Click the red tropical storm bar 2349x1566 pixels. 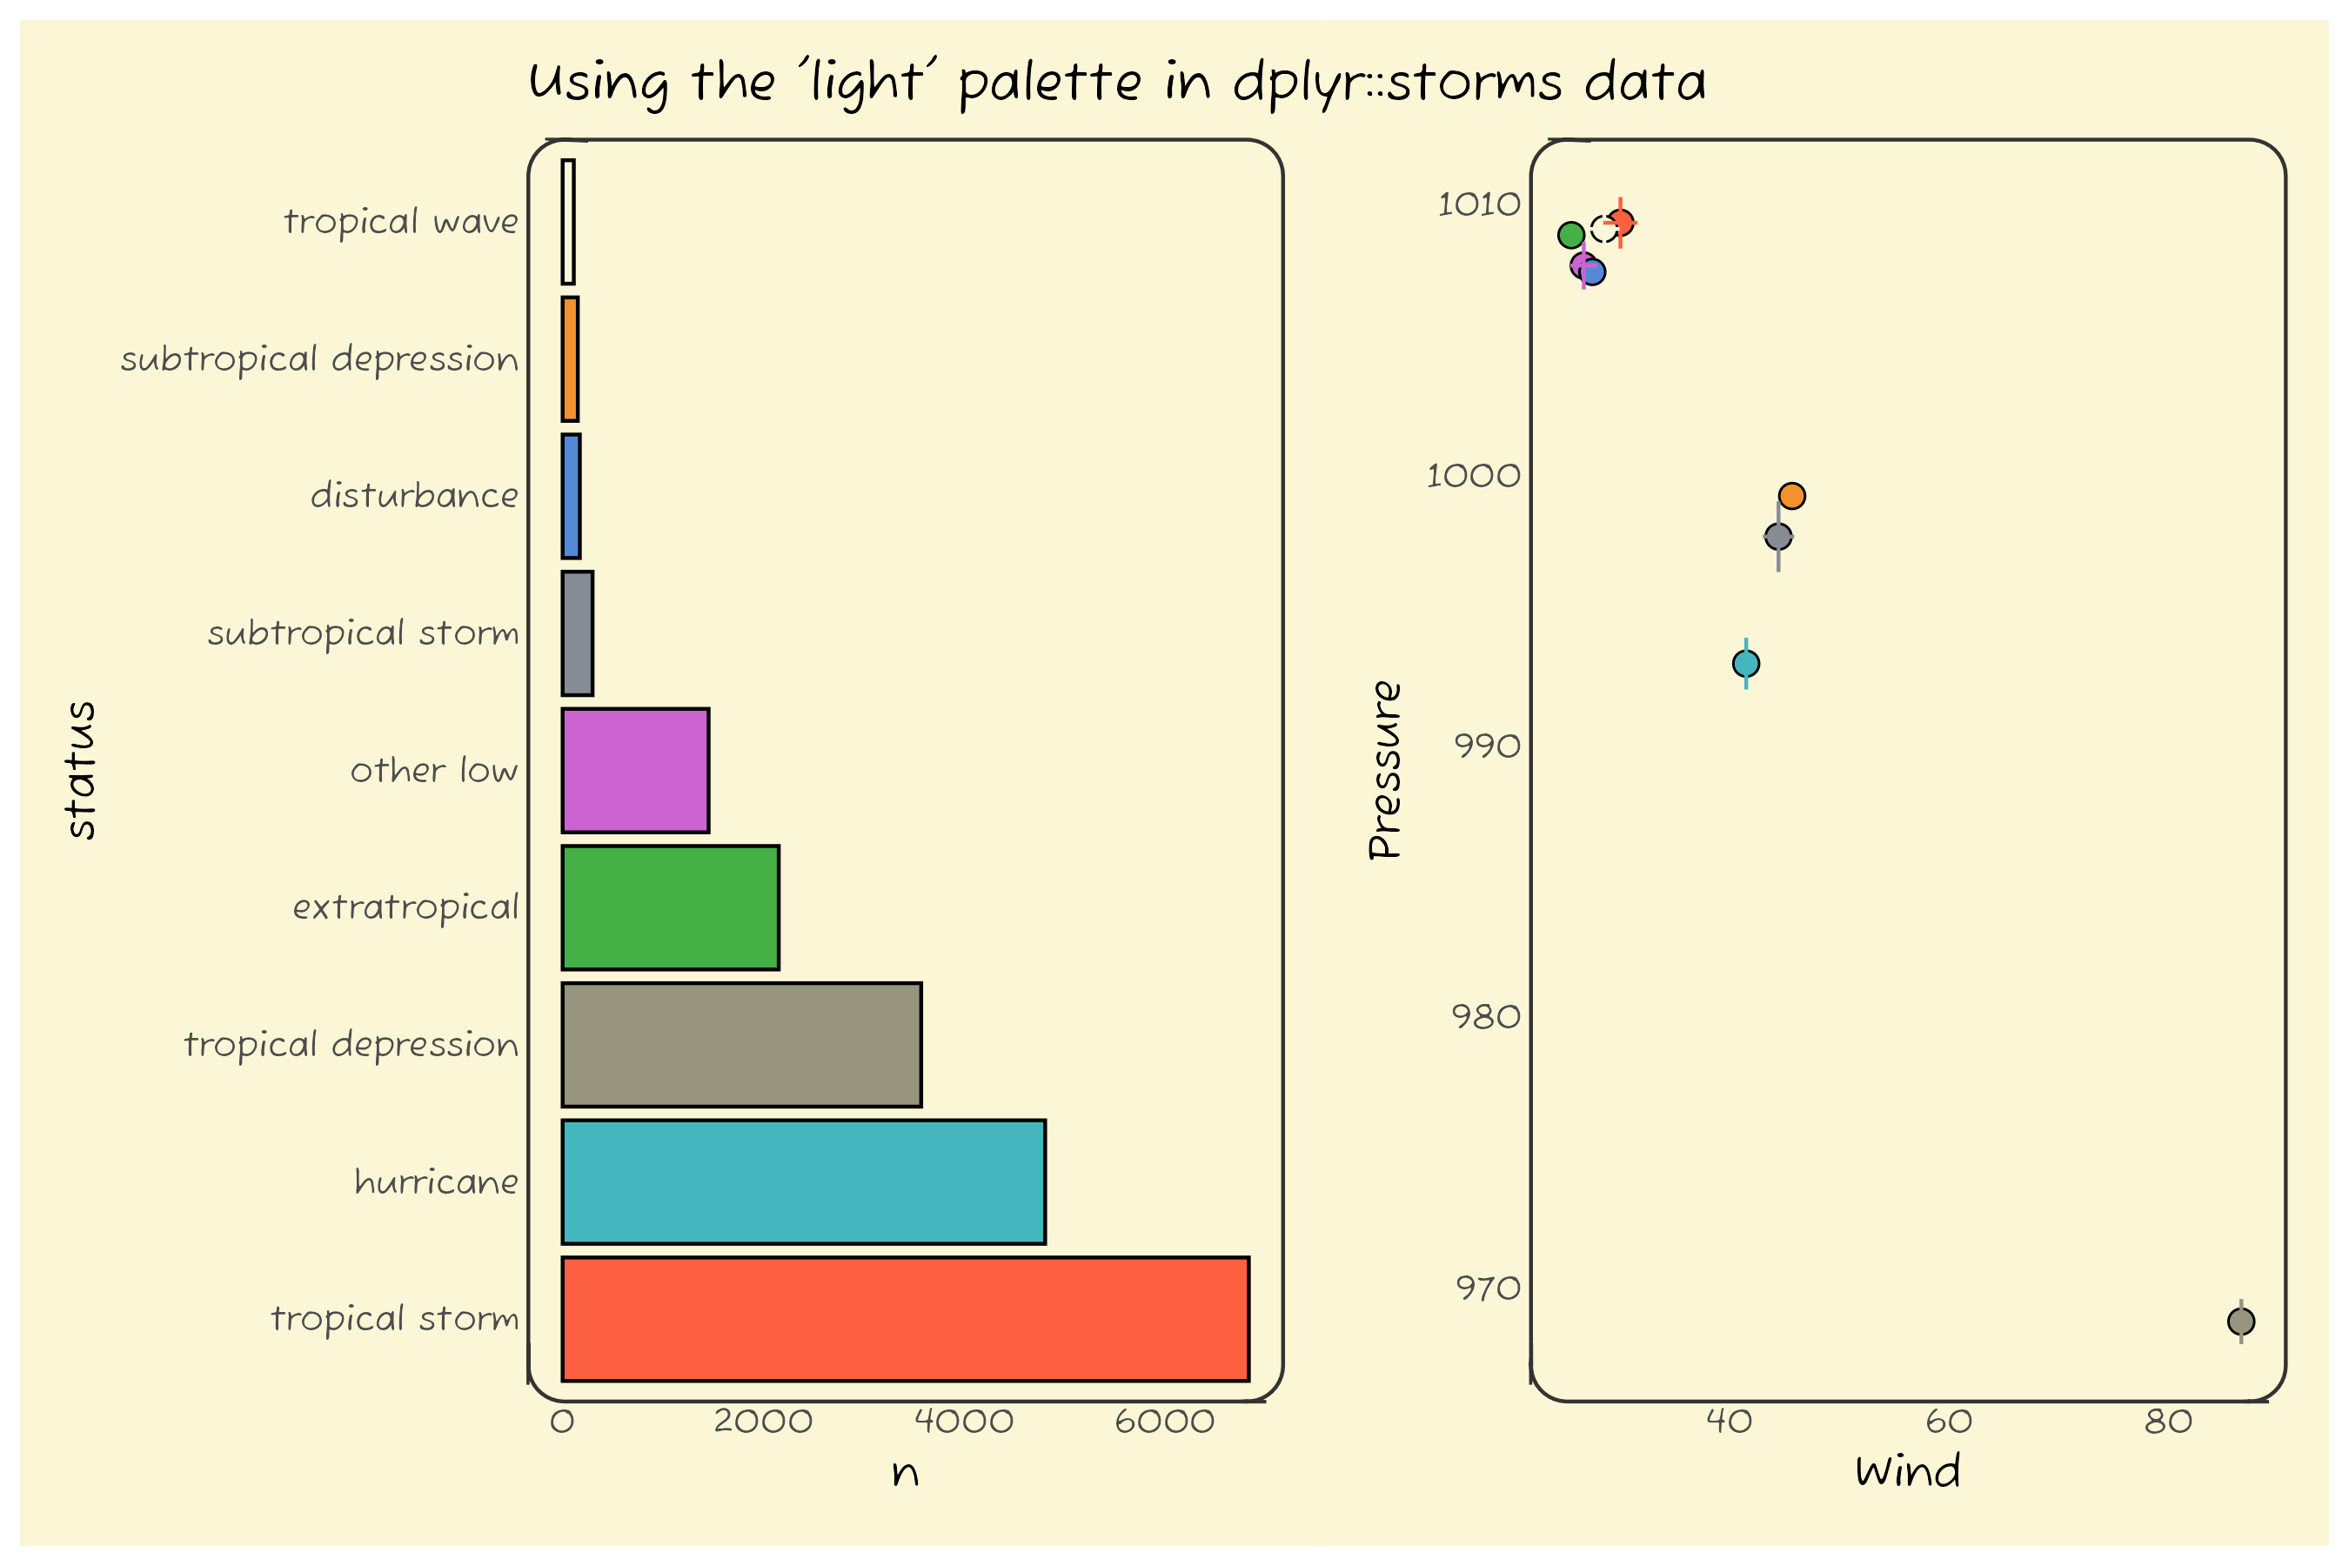pyautogui.click(x=904, y=1318)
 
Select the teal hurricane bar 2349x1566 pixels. pyautogui.click(x=803, y=1181)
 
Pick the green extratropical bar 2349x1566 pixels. pyautogui.click(x=670, y=907)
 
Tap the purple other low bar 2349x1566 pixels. pyautogui.click(x=635, y=770)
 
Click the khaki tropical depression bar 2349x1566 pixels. pyautogui.click(x=741, y=1045)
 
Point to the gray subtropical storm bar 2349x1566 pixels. pyautogui.click(x=578, y=633)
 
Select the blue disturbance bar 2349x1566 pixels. pyautogui.click(x=572, y=495)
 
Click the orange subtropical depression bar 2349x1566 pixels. pyautogui.click(x=570, y=358)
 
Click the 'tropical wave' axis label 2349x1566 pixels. pyautogui.click(x=400, y=221)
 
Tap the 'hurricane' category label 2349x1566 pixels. pyautogui.click(x=437, y=1182)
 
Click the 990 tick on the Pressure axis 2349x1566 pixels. pyautogui.click(x=1487, y=745)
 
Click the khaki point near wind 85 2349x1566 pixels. pyautogui.click(x=2241, y=1322)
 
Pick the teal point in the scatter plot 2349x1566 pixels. pyautogui.click(x=1746, y=663)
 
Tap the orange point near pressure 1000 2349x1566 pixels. pyautogui.click(x=1791, y=495)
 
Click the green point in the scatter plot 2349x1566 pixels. pyautogui.click(x=1571, y=235)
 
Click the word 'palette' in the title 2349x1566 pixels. pyautogui.click(x=1048, y=82)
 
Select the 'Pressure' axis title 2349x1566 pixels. pyautogui.click(x=1385, y=769)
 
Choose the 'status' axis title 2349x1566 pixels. pyautogui.click(x=80, y=769)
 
